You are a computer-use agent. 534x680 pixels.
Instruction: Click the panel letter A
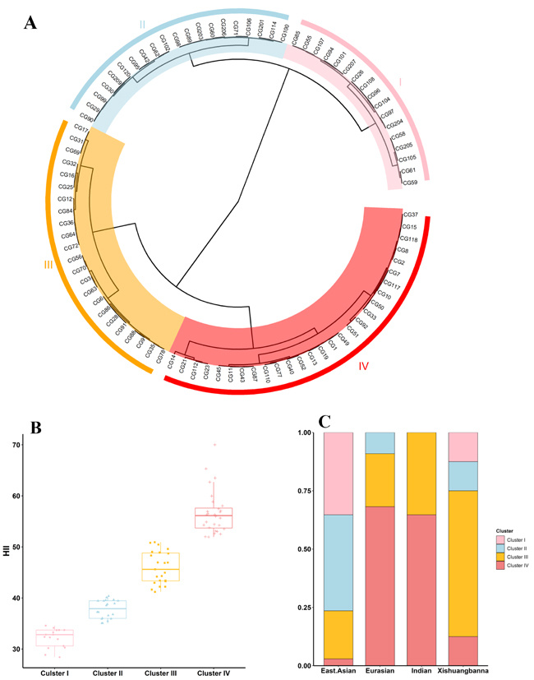(x=30, y=21)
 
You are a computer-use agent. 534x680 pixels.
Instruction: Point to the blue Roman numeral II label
(x=142, y=25)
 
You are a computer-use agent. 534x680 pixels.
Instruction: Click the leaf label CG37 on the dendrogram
(x=411, y=215)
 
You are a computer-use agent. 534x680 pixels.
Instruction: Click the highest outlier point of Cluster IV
(x=215, y=445)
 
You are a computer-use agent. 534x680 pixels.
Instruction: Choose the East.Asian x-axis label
(x=338, y=673)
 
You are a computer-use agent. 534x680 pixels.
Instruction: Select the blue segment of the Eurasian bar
(x=380, y=442)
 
